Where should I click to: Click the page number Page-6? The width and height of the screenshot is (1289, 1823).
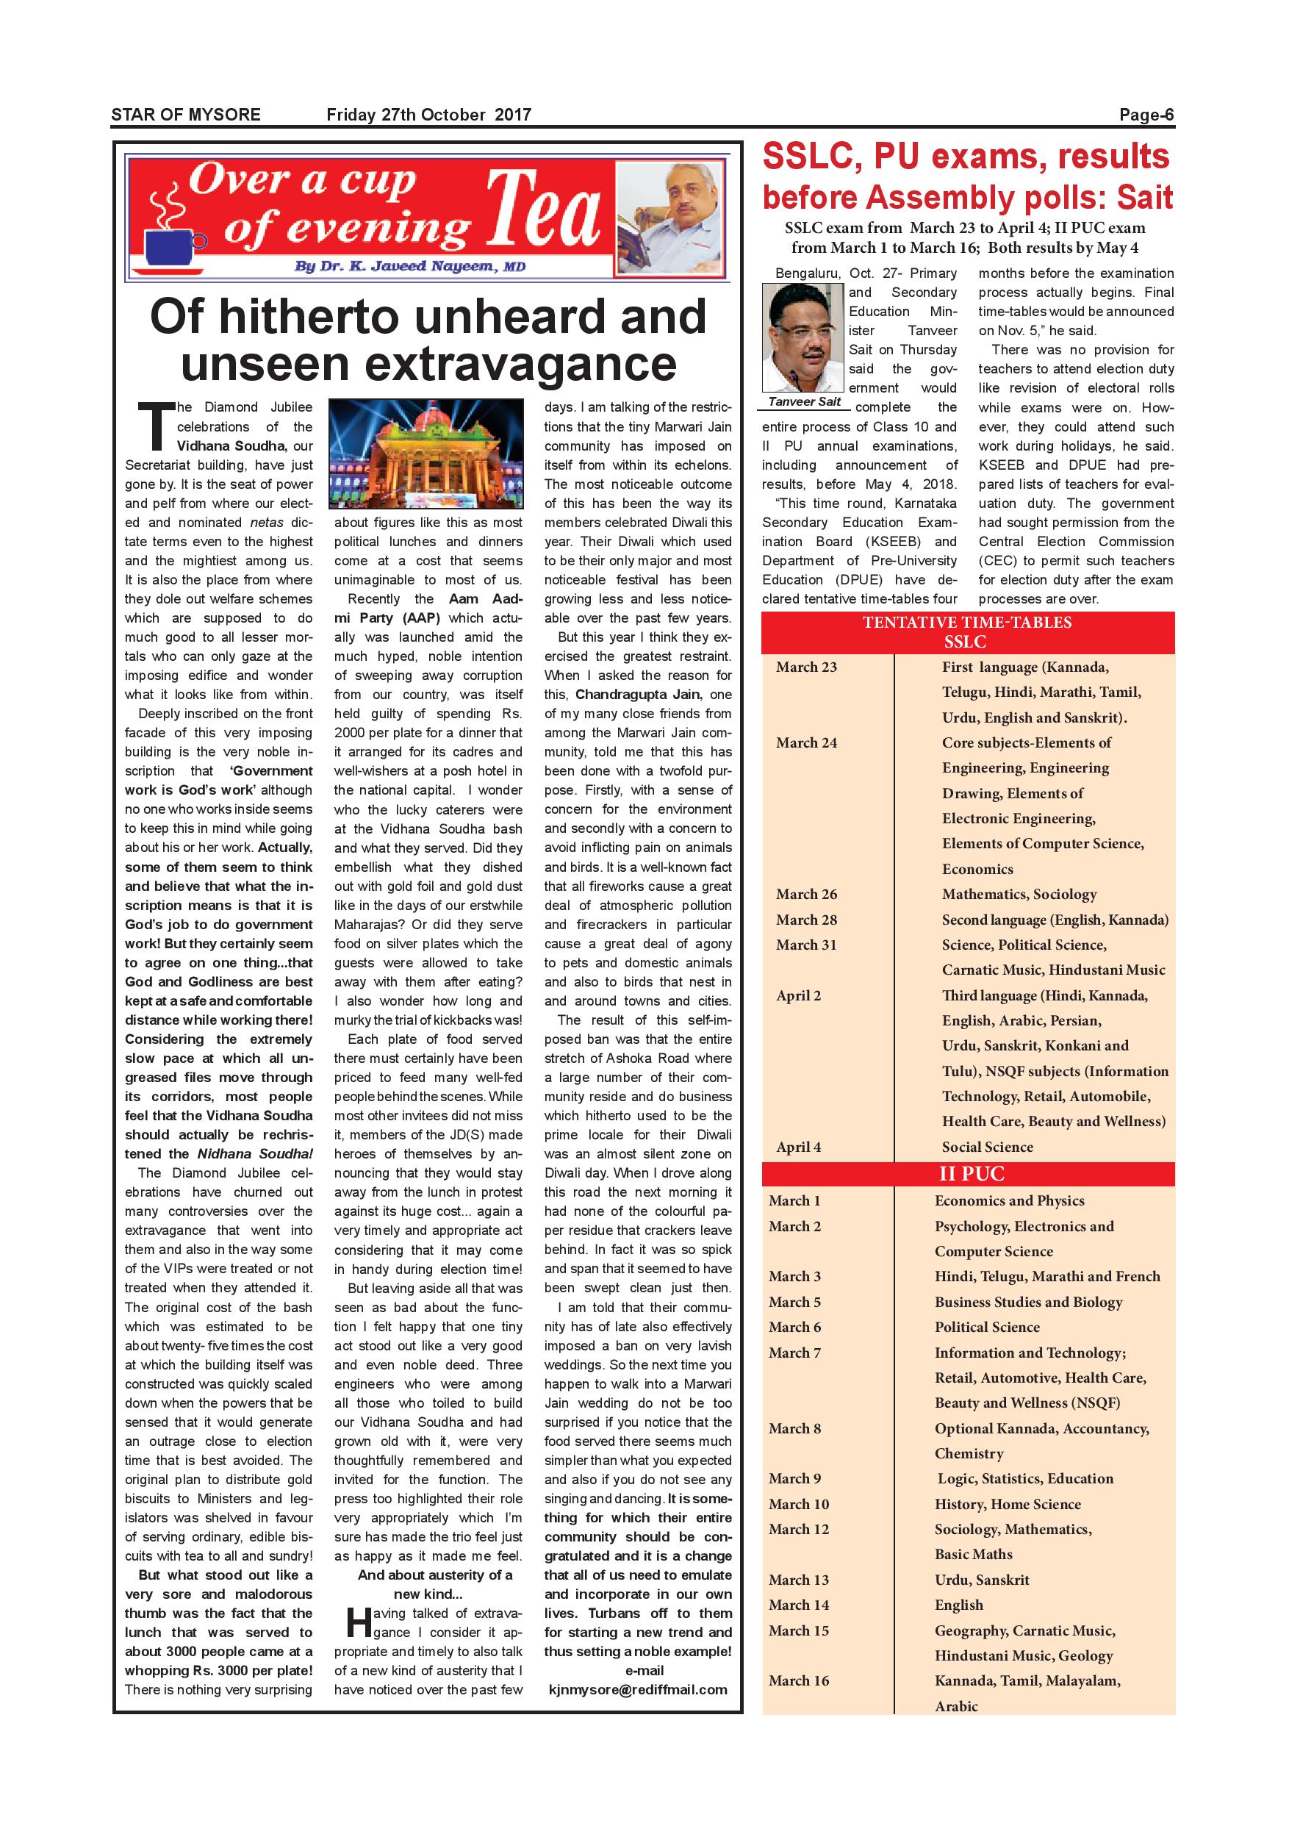click(x=1146, y=115)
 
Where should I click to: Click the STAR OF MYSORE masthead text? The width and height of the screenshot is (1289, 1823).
click(x=186, y=115)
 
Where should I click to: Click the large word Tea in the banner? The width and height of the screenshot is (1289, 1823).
click(x=544, y=211)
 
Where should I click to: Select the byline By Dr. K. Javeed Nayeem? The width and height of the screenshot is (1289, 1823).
click(x=409, y=267)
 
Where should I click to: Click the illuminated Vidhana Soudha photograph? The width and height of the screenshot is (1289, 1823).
click(x=426, y=454)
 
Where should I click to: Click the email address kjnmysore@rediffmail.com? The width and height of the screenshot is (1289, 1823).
click(x=637, y=1690)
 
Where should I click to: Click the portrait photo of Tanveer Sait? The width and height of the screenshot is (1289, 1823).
click(x=803, y=337)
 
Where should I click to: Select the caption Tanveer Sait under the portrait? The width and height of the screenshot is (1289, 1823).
click(x=804, y=402)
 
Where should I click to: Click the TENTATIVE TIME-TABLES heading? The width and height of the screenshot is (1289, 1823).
click(x=967, y=623)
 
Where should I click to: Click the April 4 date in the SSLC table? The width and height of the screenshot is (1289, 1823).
click(x=799, y=1147)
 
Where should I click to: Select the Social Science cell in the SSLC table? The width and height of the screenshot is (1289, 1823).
click(x=988, y=1147)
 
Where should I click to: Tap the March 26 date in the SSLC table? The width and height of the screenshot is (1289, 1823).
click(x=806, y=894)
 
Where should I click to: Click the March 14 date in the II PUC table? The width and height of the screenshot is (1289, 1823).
click(x=799, y=1605)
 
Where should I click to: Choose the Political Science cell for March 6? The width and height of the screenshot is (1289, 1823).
click(x=987, y=1327)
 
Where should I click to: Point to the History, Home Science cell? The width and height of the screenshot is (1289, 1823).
click(x=1008, y=1504)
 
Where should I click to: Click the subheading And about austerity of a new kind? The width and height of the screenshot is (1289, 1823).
click(x=428, y=1584)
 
